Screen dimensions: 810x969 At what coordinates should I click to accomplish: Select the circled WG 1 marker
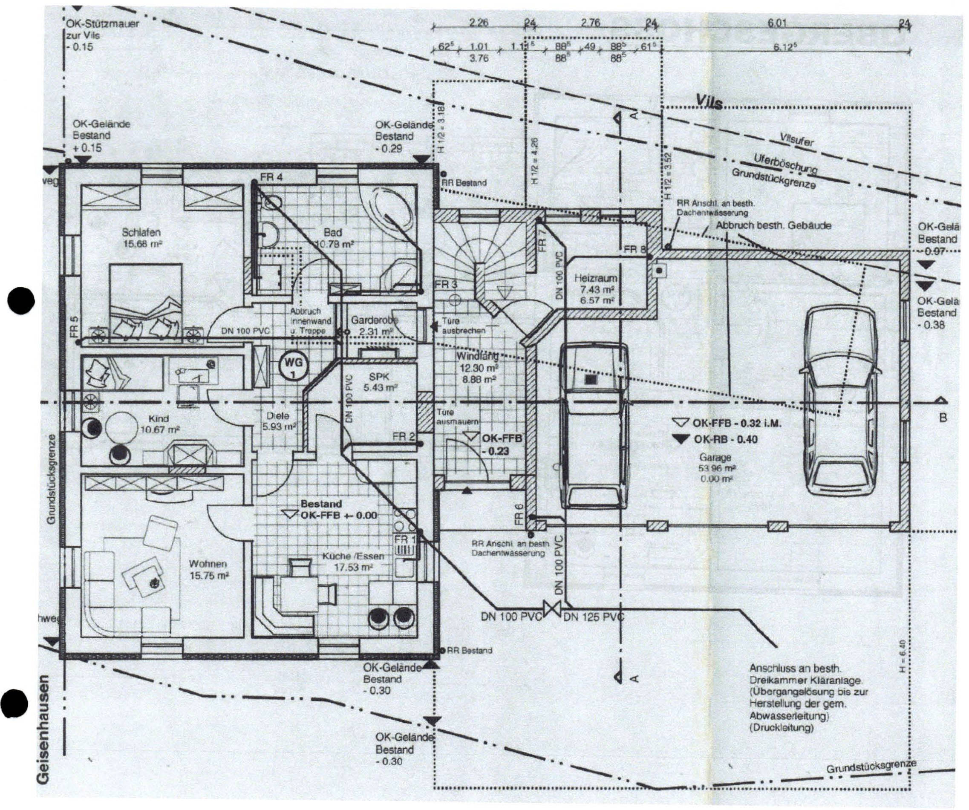click(294, 367)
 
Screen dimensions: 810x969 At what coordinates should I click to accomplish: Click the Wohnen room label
click(208, 564)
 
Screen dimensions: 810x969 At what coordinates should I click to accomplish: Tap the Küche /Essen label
click(353, 557)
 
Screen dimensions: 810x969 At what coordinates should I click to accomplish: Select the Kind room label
click(159, 419)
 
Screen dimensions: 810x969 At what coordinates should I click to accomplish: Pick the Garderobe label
click(374, 320)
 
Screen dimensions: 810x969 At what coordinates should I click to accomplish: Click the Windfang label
click(477, 357)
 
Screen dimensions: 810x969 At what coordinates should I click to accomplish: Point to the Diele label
click(278, 415)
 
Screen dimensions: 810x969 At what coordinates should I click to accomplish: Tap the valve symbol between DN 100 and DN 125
click(551, 608)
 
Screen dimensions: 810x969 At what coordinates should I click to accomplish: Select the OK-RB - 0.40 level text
click(724, 439)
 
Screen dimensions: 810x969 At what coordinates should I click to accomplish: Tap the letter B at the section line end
click(943, 418)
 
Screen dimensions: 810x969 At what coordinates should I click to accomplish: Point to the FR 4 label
click(272, 177)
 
